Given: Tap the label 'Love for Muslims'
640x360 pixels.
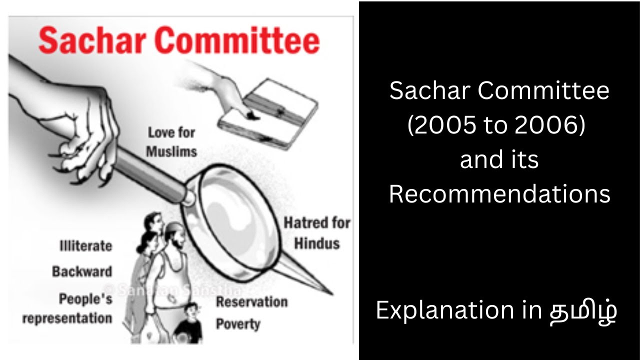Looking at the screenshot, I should [x=171, y=141].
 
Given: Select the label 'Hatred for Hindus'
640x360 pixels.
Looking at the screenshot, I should [x=317, y=233].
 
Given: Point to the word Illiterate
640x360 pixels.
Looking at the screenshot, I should [x=85, y=246].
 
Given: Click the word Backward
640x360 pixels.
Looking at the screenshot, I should [x=82, y=272].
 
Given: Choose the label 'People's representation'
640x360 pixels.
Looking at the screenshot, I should [x=67, y=308].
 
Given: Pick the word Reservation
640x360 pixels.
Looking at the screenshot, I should [x=251, y=302].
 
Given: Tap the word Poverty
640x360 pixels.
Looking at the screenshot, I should [x=238, y=324].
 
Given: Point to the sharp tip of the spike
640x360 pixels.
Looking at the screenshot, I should [x=330, y=293].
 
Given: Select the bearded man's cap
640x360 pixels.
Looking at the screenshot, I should [x=173, y=227].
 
